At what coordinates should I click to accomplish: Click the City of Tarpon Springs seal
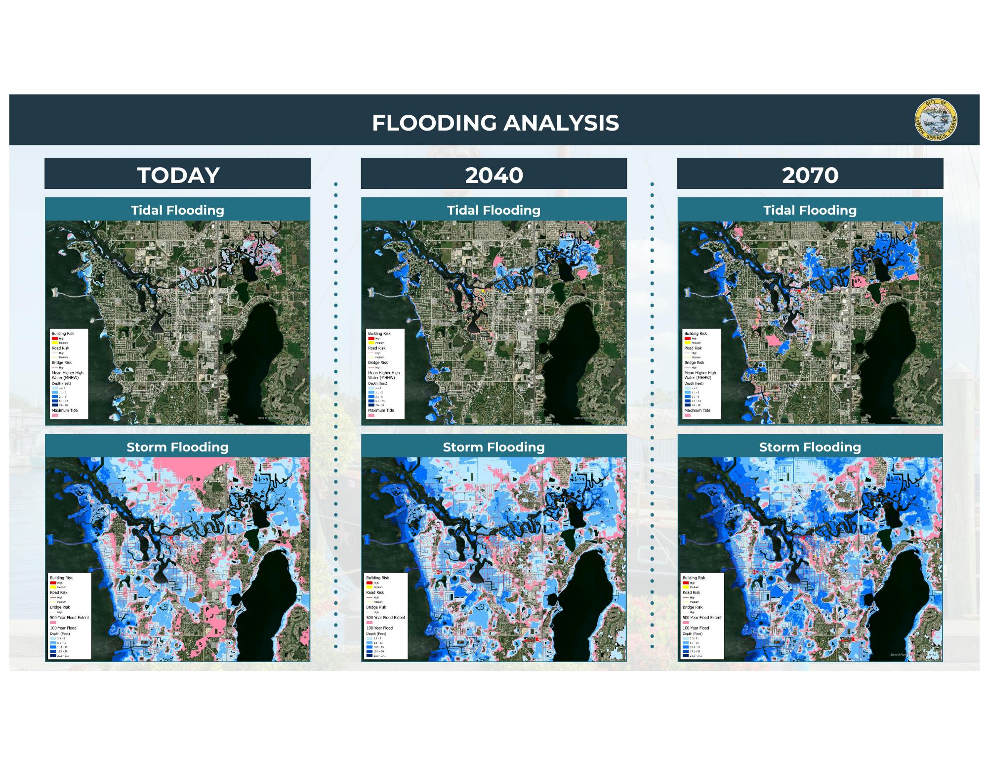pos(936,120)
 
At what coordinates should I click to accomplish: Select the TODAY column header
pos(178,175)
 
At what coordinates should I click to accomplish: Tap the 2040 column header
pos(494,175)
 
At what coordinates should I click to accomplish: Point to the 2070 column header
pos(810,175)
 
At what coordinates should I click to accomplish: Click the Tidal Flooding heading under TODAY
pos(177,210)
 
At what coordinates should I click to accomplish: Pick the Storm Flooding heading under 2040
pos(494,447)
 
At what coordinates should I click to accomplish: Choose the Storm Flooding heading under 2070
pos(810,447)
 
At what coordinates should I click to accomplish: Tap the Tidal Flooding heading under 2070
pos(810,210)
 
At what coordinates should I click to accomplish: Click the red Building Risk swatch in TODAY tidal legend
pos(55,339)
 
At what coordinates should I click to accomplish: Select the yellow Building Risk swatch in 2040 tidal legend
pos(371,343)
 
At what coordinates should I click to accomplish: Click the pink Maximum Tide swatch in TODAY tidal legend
pos(54,415)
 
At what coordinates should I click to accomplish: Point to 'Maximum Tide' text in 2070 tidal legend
pos(697,410)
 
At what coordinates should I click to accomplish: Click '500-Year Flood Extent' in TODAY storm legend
pos(69,618)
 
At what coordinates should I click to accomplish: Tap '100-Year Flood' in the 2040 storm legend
pos(379,628)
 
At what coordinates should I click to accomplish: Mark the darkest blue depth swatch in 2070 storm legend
pos(686,656)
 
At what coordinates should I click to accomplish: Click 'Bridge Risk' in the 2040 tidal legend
pos(377,362)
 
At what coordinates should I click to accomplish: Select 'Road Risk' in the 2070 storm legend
pos(691,592)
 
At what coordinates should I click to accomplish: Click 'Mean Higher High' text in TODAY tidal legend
pos(68,373)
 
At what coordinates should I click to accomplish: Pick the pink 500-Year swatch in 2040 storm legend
pos(369,623)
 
